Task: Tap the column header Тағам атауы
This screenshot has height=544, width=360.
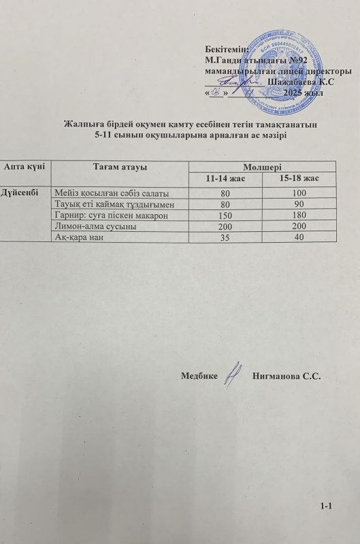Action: click(x=120, y=167)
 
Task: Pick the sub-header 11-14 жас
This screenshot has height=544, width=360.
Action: click(x=227, y=179)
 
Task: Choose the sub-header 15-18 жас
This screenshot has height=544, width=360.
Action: click(x=301, y=179)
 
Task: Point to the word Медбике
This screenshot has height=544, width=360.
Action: click(x=200, y=376)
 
